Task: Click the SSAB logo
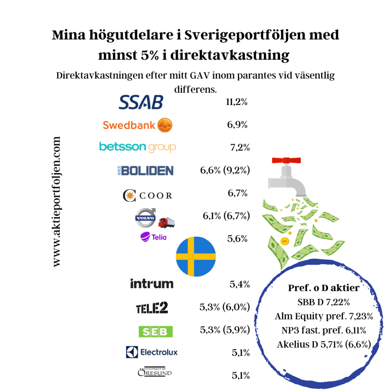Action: (x=141, y=102)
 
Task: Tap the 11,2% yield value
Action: (x=237, y=102)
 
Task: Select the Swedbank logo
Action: (x=138, y=125)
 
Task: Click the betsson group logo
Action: (x=137, y=147)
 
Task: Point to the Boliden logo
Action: (x=145, y=171)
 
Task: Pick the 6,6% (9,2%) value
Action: (x=225, y=170)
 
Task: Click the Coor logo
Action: (x=147, y=195)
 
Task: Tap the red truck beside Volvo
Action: (x=167, y=222)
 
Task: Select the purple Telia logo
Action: (x=153, y=237)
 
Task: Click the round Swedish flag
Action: (x=196, y=256)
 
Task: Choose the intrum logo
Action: (x=152, y=284)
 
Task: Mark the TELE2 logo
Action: (x=152, y=308)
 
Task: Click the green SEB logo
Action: (x=155, y=331)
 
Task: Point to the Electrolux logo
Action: (x=152, y=352)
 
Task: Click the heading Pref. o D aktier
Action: (x=323, y=288)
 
